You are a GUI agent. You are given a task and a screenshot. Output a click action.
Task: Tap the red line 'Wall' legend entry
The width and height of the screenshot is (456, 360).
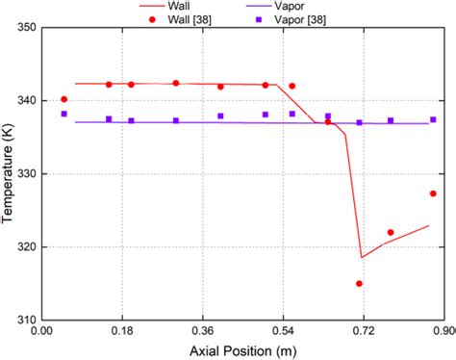click(190, 6)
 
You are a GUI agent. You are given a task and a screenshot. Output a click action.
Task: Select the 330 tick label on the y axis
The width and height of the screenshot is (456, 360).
click(25, 174)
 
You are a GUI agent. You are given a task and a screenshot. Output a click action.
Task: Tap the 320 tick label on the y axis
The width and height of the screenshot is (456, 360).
click(25, 247)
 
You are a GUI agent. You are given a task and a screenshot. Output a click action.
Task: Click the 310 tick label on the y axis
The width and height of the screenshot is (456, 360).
click(25, 320)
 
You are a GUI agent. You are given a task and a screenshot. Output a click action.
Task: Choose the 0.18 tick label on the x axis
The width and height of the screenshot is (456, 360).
click(122, 331)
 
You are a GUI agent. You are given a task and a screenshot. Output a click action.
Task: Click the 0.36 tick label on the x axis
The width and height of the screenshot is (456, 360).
click(202, 331)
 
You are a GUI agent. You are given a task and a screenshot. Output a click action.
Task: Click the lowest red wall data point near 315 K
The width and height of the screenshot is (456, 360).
click(359, 284)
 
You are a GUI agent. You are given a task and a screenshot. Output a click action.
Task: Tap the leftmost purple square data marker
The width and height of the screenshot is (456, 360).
click(64, 114)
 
